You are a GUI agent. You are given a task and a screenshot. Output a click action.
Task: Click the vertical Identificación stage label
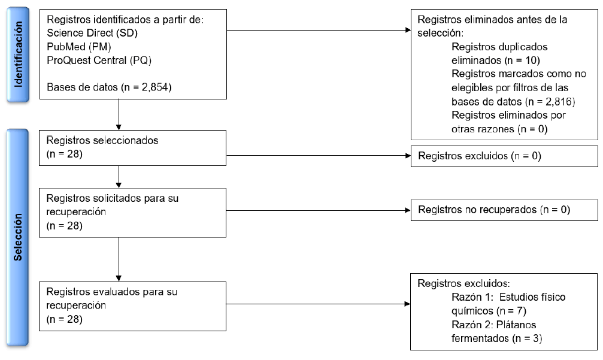click(19, 54)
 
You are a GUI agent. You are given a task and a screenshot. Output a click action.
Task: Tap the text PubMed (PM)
click(78, 46)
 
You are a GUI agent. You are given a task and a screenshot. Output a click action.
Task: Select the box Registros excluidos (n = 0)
click(504, 156)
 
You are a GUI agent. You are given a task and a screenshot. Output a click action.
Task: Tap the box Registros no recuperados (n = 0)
click(504, 210)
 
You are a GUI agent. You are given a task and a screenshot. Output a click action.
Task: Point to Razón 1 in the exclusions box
click(472, 297)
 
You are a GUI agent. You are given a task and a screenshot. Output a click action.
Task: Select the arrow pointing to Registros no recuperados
click(317, 210)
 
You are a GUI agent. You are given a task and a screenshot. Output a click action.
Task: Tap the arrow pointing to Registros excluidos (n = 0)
click(317, 157)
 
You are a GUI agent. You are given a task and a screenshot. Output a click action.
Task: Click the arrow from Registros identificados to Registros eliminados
click(317, 29)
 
